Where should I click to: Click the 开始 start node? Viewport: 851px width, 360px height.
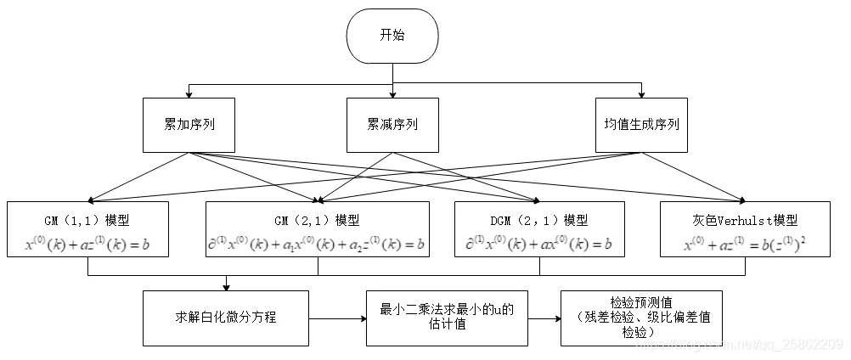tap(392, 37)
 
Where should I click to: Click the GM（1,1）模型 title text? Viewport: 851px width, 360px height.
tap(88, 219)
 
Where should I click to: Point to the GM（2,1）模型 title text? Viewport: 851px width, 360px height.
tap(318, 219)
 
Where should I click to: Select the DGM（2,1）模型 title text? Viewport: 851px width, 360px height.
tap(539, 219)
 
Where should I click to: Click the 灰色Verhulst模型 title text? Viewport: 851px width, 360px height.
tap(744, 219)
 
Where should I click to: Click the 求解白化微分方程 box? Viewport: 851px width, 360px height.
tap(225, 318)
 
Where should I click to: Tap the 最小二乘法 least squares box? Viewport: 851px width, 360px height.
tap(447, 318)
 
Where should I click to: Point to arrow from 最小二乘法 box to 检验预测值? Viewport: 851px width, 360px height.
tap(544, 318)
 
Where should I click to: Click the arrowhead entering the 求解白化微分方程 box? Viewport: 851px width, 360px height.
tap(226, 286)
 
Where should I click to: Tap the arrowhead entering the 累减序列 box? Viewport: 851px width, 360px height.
tap(392, 93)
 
